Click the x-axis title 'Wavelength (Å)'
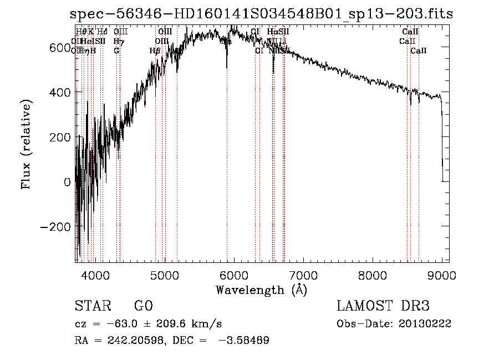[x=262, y=290]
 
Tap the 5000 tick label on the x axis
[x=165, y=275]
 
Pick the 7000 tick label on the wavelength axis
[x=303, y=275]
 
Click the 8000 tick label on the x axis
[x=373, y=275]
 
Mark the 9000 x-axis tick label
[x=442, y=275]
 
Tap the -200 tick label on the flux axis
[x=54, y=227]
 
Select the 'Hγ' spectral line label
[x=118, y=41]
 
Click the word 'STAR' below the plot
[x=93, y=306]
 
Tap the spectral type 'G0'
[x=143, y=306]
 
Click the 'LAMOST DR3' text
[x=383, y=306]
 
